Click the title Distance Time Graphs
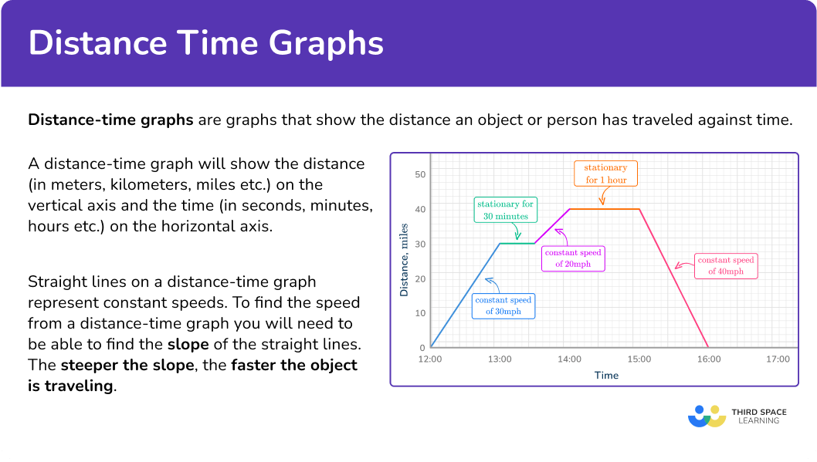(206, 44)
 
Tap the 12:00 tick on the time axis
(430, 359)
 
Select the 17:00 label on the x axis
(778, 359)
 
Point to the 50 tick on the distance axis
(420, 174)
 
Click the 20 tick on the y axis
(420, 278)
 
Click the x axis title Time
(606, 376)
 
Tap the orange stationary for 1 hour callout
(605, 174)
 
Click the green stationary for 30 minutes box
(506, 211)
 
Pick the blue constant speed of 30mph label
(503, 306)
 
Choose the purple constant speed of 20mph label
(573, 258)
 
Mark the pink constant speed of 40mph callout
(726, 266)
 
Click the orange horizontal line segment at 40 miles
(604, 209)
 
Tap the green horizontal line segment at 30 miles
(517, 244)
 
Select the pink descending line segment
(673, 278)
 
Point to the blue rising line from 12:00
(465, 295)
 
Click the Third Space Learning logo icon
(707, 416)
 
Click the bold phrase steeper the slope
(127, 365)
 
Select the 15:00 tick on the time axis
(639, 359)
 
